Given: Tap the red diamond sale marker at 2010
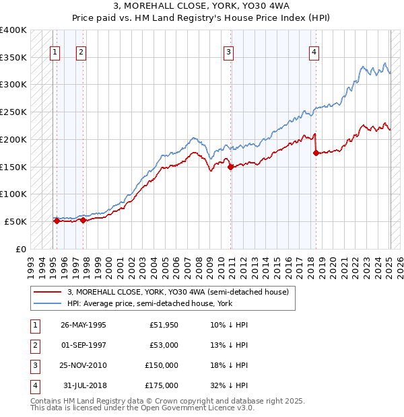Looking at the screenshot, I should click(x=230, y=167).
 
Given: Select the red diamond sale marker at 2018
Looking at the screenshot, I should click(x=316, y=153).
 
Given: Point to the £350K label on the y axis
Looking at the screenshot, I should click(x=13, y=58).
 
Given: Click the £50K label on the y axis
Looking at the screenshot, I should click(x=15, y=221).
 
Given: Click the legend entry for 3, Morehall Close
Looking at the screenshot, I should click(x=178, y=292).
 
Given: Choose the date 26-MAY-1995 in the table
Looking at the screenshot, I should click(x=83, y=326).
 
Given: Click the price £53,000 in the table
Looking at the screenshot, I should click(x=164, y=346).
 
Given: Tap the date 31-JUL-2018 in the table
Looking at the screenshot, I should click(x=83, y=385).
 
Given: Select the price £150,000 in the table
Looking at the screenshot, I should click(x=162, y=365).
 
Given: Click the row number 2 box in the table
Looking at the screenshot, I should click(x=34, y=346).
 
